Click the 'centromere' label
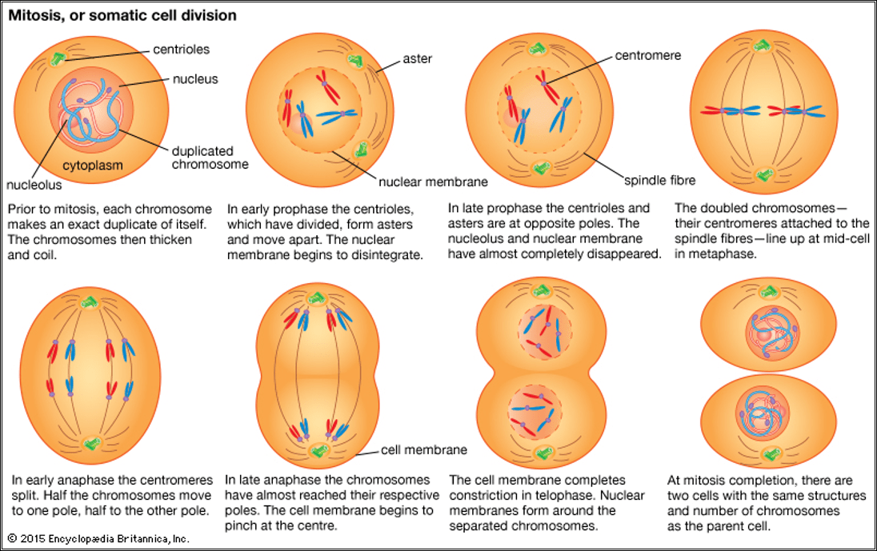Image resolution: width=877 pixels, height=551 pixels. point(648,56)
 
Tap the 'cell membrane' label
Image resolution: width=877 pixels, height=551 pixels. point(423,449)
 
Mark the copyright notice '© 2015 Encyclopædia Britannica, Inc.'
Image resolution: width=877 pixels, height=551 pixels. point(98,538)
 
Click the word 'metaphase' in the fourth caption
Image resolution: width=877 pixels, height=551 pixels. point(714,254)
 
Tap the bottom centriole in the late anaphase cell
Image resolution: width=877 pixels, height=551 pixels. point(320,450)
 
